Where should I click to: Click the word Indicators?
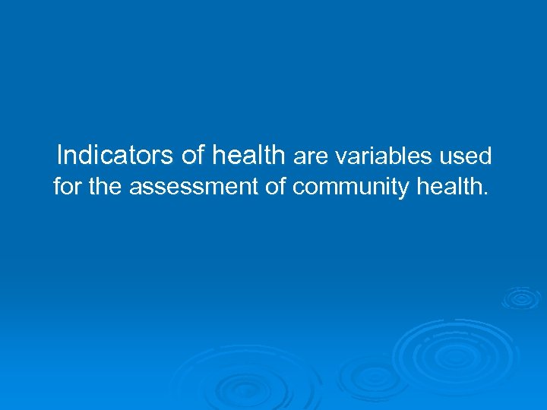(115, 155)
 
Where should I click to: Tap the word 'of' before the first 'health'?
(194, 155)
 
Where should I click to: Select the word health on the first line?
(248, 155)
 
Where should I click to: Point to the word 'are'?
(309, 157)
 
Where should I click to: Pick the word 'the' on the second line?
(106, 186)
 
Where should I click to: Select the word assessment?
(194, 187)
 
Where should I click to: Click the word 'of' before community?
(275, 186)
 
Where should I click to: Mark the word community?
(351, 188)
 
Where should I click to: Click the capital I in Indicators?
(60, 155)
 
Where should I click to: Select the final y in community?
(405, 189)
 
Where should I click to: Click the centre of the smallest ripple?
(520, 298)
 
